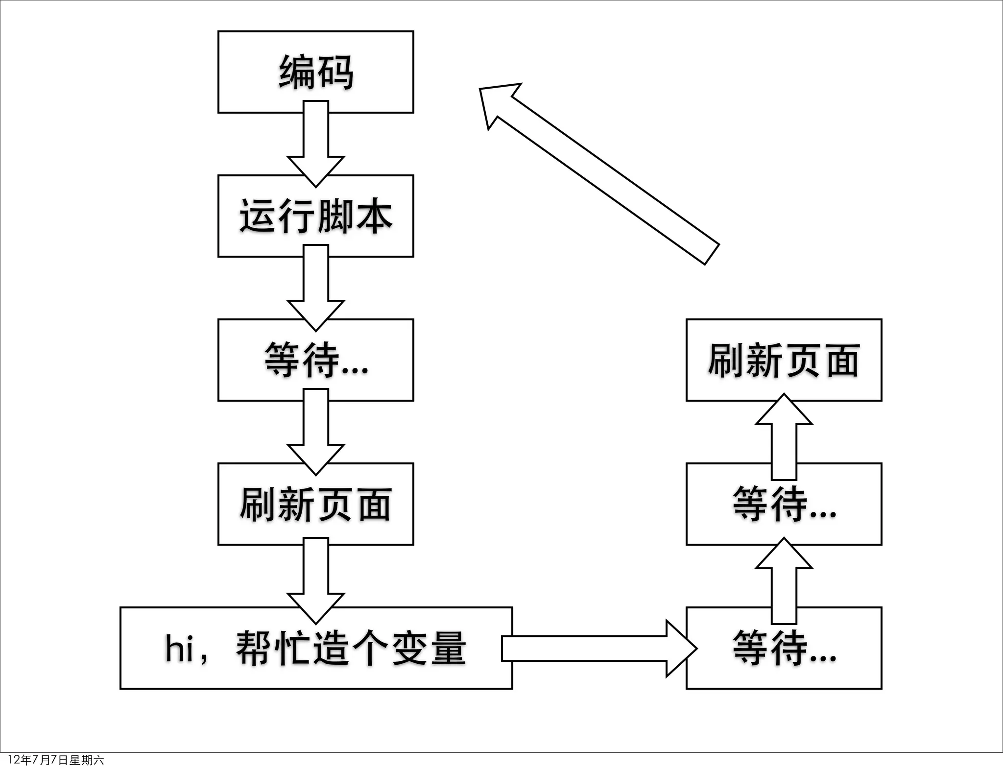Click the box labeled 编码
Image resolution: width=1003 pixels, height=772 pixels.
(315, 72)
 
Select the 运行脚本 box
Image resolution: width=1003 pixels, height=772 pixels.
(315, 216)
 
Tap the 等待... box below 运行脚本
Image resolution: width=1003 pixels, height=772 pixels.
(315, 360)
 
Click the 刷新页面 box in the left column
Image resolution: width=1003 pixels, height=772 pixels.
(315, 504)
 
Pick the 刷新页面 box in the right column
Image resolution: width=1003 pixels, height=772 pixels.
(784, 360)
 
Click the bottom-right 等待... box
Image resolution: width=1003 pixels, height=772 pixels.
(784, 648)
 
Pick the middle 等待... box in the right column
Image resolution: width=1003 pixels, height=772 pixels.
(784, 504)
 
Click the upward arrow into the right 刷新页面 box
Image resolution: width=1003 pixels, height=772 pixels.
(784, 436)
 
